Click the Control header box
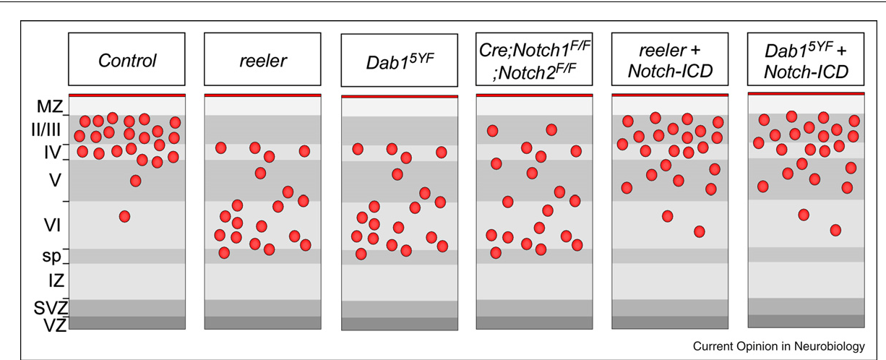[x=126, y=59]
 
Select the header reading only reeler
[x=262, y=59]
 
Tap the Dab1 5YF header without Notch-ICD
[x=400, y=60]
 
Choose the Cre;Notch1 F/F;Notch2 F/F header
[x=534, y=59]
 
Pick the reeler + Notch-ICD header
[x=670, y=59]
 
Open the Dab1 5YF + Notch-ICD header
[x=806, y=59]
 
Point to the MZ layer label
[x=50, y=106]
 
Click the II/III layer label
[x=46, y=129]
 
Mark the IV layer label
[x=52, y=153]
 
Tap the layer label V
[x=55, y=181]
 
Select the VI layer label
[x=52, y=225]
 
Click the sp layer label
[x=51, y=257]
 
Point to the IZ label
[x=56, y=280]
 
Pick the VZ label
[x=55, y=325]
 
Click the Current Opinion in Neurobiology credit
[x=778, y=346]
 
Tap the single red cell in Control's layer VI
[x=124, y=216]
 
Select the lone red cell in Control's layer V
[x=136, y=181]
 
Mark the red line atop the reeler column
[x=262, y=95]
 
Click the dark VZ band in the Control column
[x=127, y=323]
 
